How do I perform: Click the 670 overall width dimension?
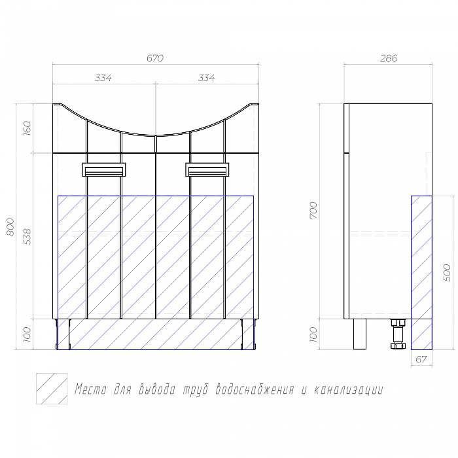coord(155,58)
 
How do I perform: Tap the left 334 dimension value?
coord(103,78)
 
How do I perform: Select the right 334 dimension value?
coord(207,78)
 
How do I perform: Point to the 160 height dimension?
coord(27,129)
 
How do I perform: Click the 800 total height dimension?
coord(10,227)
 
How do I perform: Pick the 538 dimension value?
coord(27,237)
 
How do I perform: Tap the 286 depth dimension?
coord(389,58)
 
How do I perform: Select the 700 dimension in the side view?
coord(313,210)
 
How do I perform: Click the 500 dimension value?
coord(447,273)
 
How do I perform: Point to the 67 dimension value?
coord(421,359)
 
